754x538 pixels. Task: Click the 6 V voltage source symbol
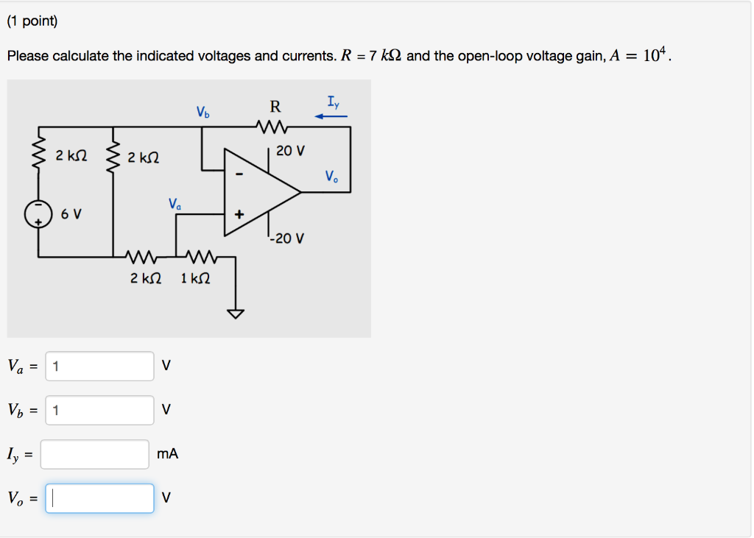(x=38, y=213)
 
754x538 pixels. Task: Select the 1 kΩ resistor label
(x=195, y=278)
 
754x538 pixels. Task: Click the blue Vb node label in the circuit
(x=202, y=113)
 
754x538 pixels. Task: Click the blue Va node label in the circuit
(x=174, y=203)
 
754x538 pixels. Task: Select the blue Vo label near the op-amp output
(x=332, y=176)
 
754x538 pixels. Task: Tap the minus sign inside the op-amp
(x=238, y=175)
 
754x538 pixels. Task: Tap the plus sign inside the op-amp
(x=238, y=216)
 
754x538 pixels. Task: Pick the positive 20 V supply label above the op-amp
(x=290, y=151)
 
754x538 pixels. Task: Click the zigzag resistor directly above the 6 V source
(x=38, y=156)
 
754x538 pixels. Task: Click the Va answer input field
(x=99, y=366)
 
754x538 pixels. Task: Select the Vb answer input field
(x=99, y=410)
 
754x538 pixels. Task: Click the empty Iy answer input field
(x=95, y=454)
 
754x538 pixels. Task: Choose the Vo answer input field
(x=99, y=498)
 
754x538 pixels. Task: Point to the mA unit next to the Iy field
(x=168, y=454)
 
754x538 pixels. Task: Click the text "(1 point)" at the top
(x=32, y=21)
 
